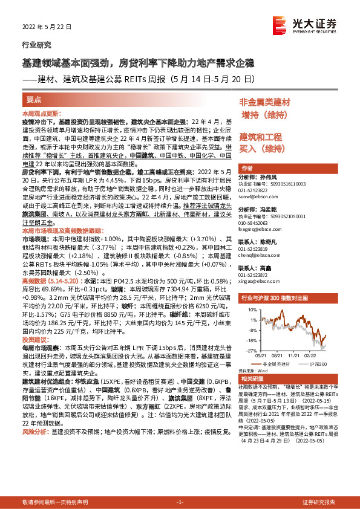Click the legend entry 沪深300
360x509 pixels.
click(x=318, y=364)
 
